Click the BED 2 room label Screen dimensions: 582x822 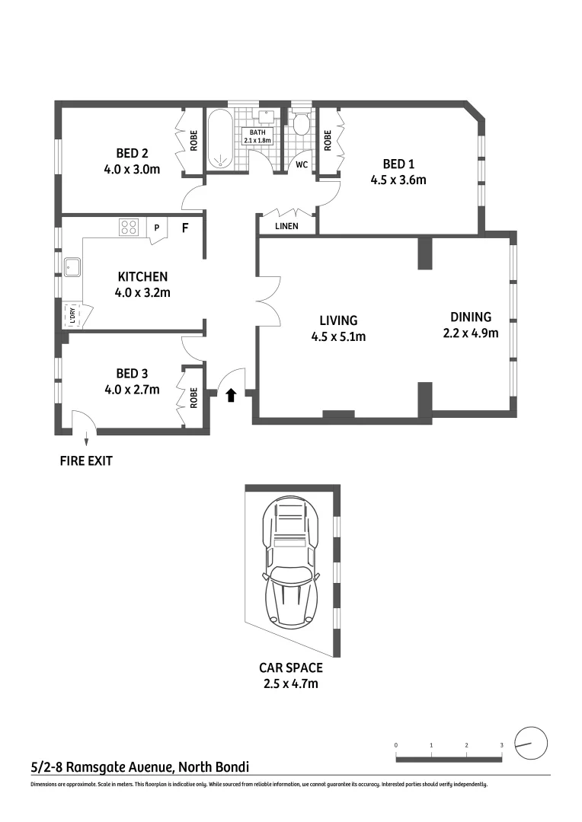click(x=133, y=153)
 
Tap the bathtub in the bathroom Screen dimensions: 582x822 click(x=220, y=139)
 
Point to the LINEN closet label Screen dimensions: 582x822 click(x=286, y=226)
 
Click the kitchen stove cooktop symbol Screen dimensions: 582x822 click(x=129, y=227)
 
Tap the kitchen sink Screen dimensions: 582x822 click(x=72, y=267)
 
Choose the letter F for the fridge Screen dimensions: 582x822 click(x=185, y=228)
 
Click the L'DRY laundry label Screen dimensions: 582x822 click(x=72, y=316)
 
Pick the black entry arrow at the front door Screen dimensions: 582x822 click(x=230, y=395)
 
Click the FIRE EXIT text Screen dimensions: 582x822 click(x=86, y=460)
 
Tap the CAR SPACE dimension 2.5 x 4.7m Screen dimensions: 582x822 click(x=291, y=683)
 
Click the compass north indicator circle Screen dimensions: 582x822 click(x=531, y=743)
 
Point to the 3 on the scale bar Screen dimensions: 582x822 click(x=502, y=745)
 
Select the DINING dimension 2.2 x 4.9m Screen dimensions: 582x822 click(x=471, y=333)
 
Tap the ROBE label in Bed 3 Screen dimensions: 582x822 click(x=193, y=398)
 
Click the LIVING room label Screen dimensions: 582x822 click(x=338, y=320)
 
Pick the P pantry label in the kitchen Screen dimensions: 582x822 click(x=156, y=228)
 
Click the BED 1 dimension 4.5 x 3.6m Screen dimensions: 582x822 click(x=398, y=180)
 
